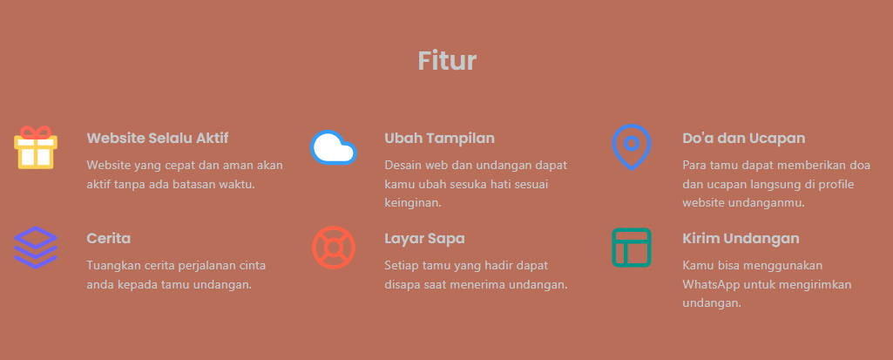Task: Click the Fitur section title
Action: click(447, 60)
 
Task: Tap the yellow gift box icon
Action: click(36, 153)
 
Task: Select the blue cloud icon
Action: click(334, 148)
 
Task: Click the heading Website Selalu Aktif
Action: click(158, 138)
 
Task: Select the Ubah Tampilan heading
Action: click(440, 138)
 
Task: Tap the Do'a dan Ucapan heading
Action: click(744, 138)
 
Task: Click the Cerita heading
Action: click(109, 238)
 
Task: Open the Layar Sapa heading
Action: click(425, 238)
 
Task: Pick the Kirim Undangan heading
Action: click(741, 238)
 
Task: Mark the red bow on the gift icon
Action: click(36, 132)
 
